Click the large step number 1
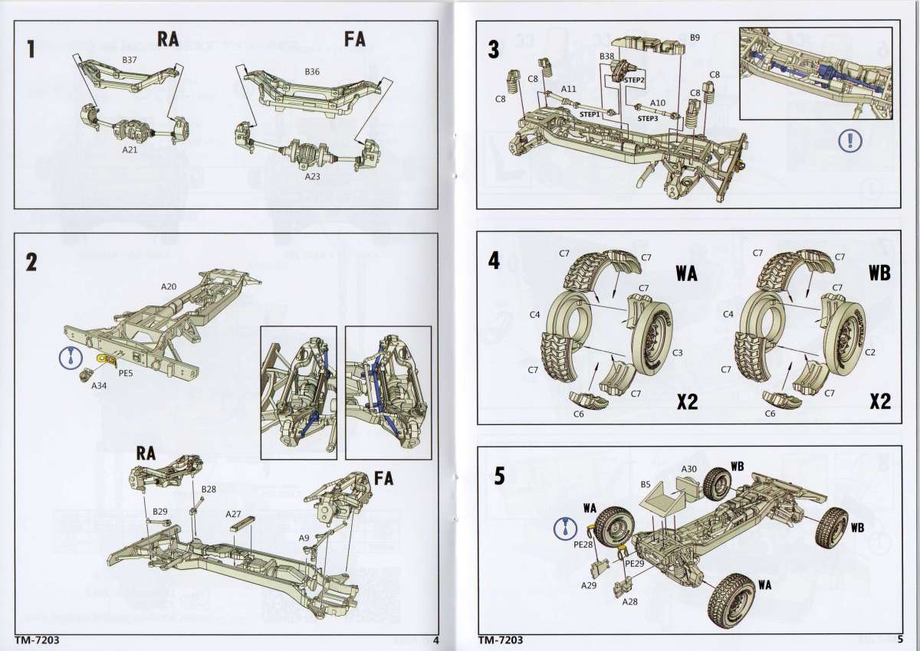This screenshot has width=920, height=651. point(31,49)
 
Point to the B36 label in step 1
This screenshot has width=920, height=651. point(311,71)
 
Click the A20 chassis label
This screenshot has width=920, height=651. point(169,286)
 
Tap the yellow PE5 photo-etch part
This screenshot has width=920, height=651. point(103,358)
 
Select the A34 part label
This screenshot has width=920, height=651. point(98,386)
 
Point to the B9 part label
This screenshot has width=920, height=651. point(695,37)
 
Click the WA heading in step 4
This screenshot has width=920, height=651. point(687,273)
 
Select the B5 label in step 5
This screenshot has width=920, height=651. point(646,484)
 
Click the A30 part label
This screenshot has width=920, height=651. point(688,469)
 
